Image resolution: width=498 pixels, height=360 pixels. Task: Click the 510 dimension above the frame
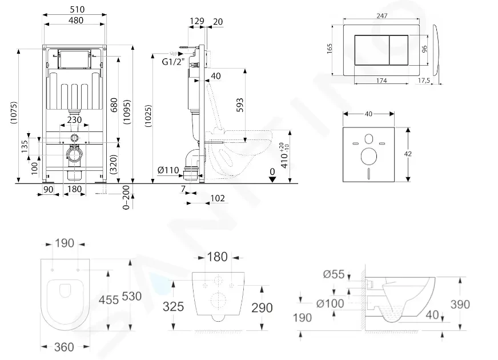[74, 10]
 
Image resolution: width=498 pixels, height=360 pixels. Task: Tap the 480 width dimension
[74, 20]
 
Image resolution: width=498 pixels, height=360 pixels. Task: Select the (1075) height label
[14, 114]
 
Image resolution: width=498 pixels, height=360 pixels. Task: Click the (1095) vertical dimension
[127, 109]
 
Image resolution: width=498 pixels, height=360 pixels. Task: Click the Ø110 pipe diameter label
[169, 170]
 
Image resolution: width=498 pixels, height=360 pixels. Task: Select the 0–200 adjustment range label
[127, 196]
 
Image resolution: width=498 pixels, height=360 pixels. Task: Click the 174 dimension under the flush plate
[381, 81]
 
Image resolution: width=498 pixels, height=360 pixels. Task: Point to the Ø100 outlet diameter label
[330, 303]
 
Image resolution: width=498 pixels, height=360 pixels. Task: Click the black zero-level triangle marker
[272, 178]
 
